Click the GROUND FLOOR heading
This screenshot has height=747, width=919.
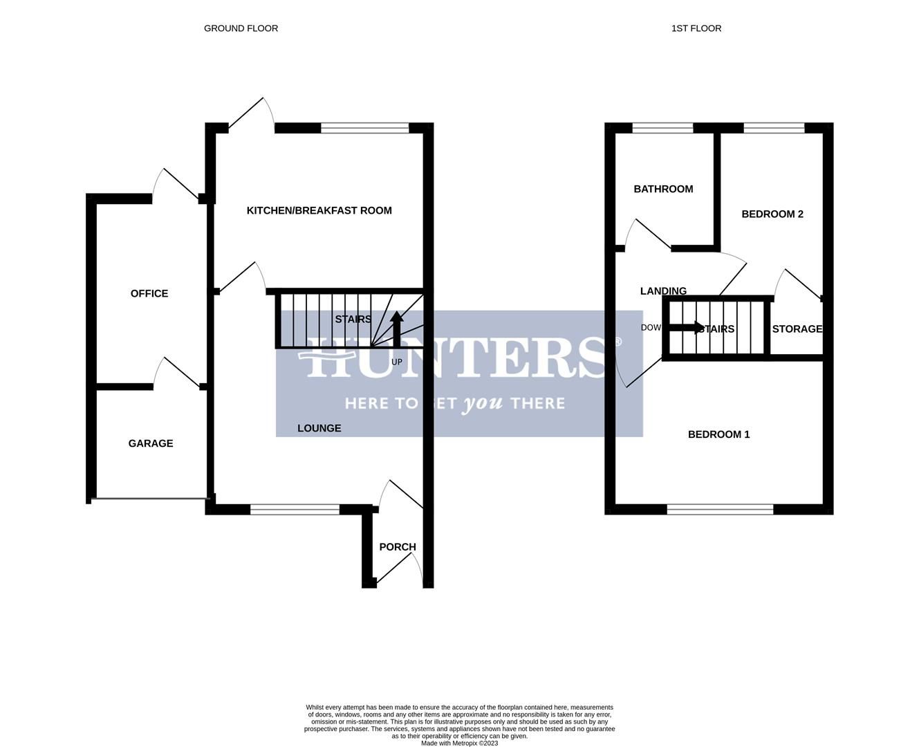pos(241,28)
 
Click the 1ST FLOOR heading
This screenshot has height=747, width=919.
pos(696,28)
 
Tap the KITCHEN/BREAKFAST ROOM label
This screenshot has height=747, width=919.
pos(319,210)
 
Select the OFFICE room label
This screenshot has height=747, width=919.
pos(149,293)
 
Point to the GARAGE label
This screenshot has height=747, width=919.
pos(151,443)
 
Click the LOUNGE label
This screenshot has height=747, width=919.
pos(319,428)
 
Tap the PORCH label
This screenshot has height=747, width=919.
pos(398,546)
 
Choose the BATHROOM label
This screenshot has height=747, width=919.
pos(663,189)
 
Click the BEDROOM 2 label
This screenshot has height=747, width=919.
pos(772,214)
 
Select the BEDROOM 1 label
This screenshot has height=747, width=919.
pos(718,434)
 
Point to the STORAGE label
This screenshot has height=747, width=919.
pos(797,329)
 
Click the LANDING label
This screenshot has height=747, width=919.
pos(663,291)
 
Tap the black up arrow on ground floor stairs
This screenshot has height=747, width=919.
pos(397,328)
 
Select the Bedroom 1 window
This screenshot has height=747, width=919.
pos(720,510)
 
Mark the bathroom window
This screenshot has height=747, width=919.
pos(662,128)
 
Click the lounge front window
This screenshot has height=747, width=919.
pos(295,510)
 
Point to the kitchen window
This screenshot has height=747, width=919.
pos(364,128)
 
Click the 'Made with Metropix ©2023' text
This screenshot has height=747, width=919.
pos(459,744)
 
